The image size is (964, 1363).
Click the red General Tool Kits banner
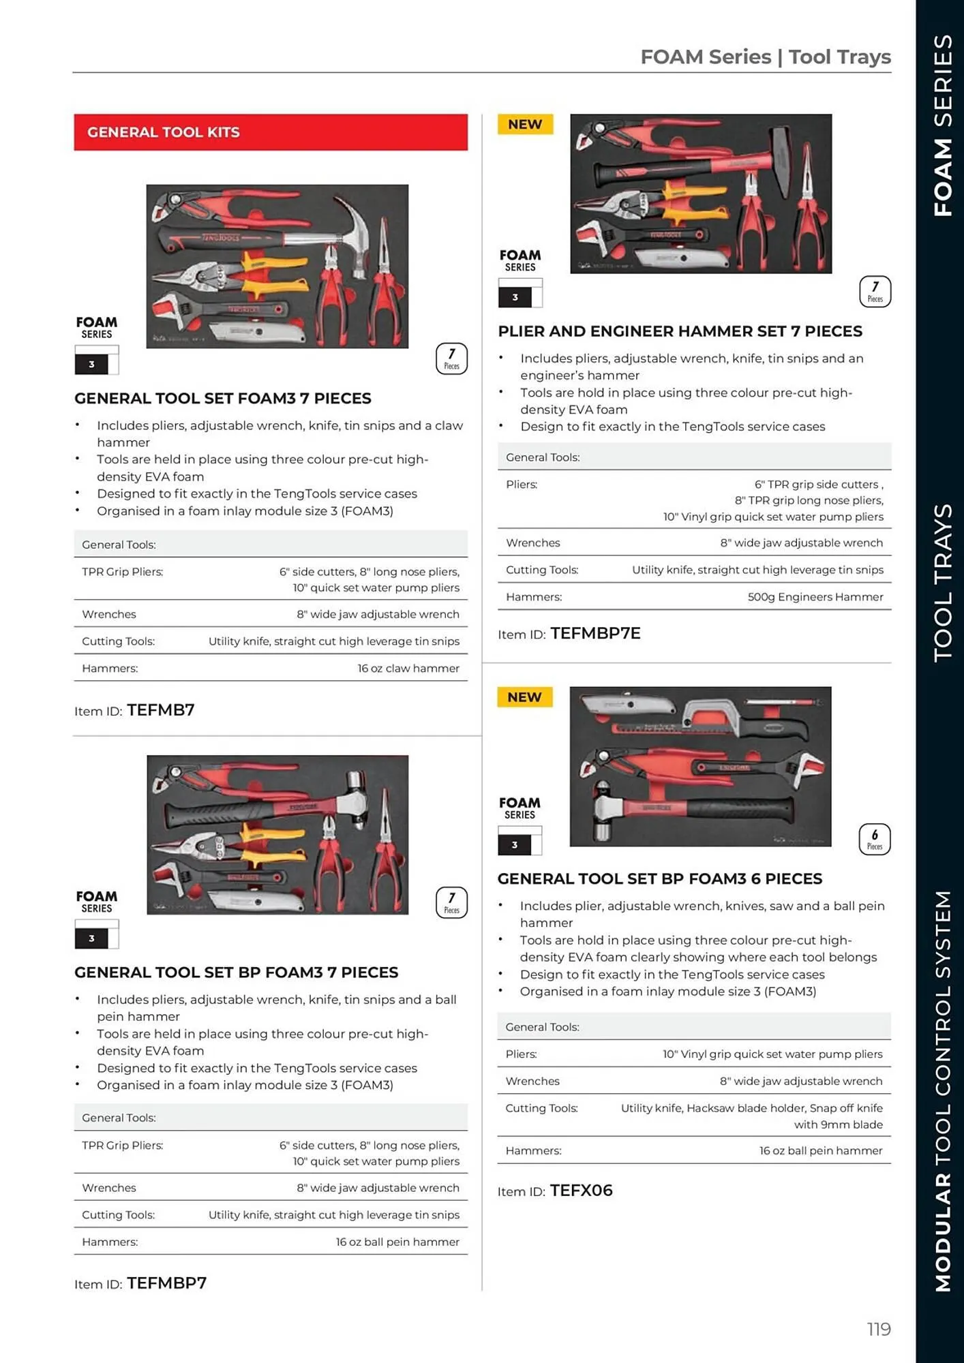pos(271,132)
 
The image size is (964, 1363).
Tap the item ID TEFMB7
pos(160,710)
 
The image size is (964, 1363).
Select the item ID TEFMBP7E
pos(595,633)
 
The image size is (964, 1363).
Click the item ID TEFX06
pos(581,1191)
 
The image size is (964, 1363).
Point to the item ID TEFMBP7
pos(166,1283)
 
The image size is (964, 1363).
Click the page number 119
pos(878,1329)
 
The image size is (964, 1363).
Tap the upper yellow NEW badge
pos(525,124)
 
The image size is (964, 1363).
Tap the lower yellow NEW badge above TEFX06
pos(524,697)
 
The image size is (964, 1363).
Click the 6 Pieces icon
pos(874,839)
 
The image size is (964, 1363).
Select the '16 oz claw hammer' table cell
pos(408,669)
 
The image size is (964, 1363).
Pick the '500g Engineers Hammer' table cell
pos(815,597)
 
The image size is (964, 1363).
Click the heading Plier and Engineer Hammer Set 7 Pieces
pos(680,331)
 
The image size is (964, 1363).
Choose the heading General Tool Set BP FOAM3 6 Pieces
pos(659,878)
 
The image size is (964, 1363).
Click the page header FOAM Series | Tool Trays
pos(765,57)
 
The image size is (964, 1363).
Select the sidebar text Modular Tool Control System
pos(943,1090)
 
